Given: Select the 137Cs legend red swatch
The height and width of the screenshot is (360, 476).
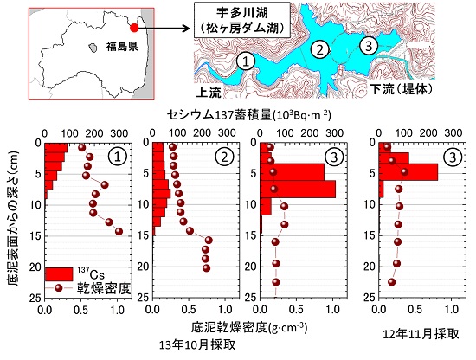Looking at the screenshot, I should [58, 274].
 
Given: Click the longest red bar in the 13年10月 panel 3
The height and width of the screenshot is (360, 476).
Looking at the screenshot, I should [298, 189].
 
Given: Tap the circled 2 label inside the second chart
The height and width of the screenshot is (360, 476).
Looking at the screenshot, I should [223, 157].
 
